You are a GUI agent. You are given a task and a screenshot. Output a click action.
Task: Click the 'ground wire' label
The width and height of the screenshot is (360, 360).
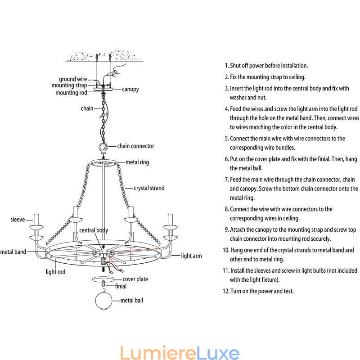(x=73, y=79)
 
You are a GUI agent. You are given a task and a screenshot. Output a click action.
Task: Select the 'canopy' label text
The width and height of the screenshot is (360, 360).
(x=130, y=89)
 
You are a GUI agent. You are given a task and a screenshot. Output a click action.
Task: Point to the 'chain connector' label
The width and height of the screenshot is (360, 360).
(x=135, y=146)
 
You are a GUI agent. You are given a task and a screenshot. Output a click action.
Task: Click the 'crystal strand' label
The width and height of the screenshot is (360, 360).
(x=149, y=188)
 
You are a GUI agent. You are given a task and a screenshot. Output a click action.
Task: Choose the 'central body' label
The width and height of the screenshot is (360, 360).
(x=94, y=230)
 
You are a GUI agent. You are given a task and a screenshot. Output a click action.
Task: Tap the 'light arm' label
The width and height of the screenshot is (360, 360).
(x=191, y=256)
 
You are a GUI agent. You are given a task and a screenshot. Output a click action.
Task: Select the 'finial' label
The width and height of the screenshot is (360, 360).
(x=121, y=286)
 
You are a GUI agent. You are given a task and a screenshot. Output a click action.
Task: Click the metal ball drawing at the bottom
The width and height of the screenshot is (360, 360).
(x=104, y=301)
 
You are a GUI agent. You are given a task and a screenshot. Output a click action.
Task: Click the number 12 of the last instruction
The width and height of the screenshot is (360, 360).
(x=226, y=291)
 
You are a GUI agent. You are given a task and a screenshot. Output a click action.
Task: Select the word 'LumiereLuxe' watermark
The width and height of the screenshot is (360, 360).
(x=180, y=352)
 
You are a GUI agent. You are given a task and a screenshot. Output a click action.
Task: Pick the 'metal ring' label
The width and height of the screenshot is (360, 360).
(x=137, y=162)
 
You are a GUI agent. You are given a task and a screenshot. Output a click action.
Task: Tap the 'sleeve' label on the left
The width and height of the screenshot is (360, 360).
(x=18, y=220)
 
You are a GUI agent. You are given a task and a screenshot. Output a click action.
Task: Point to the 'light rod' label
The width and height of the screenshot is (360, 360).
(x=55, y=272)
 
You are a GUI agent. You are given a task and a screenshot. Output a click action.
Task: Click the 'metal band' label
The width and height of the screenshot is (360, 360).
(x=13, y=252)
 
